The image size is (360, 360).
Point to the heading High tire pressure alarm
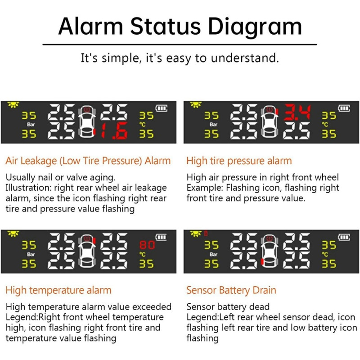pyautogui.click(x=239, y=161)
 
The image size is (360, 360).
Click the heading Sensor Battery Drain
pyautogui.click(x=231, y=290)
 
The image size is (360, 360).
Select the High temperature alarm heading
pyautogui.click(x=58, y=290)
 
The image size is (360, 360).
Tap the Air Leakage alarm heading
pyautogui.click(x=88, y=161)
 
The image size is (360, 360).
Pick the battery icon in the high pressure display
pyautogui.click(x=344, y=108)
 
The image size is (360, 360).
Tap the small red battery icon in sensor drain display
pyautogui.click(x=206, y=233)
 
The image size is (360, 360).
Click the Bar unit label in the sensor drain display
pyautogui.click(x=213, y=254)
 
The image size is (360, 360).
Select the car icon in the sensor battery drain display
pyautogui.click(x=268, y=252)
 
